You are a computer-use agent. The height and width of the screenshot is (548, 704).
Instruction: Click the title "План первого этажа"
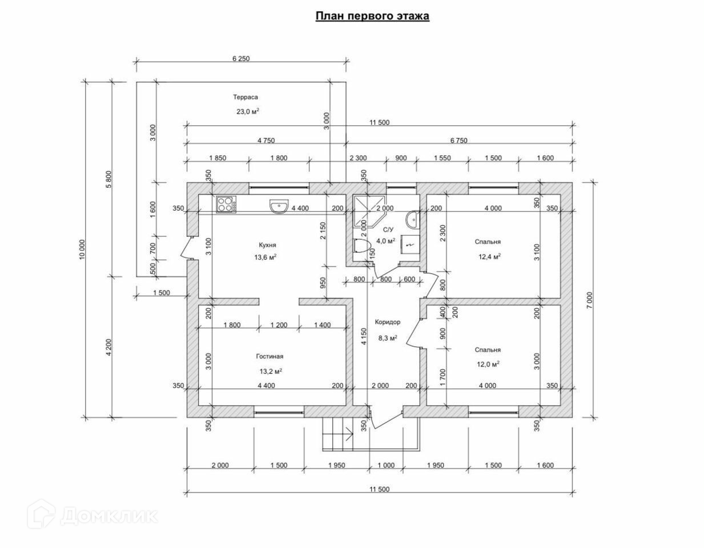pyautogui.click(x=372, y=16)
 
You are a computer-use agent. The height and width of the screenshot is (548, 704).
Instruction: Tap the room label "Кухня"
pyautogui.click(x=267, y=245)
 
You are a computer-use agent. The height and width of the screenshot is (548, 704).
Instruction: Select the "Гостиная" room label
pyautogui.click(x=269, y=356)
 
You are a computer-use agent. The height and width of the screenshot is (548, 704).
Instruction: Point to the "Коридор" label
pyautogui.click(x=387, y=322)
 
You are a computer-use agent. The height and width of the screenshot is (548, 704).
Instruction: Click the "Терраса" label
pyautogui.click(x=246, y=97)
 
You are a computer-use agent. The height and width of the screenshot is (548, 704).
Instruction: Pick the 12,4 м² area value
pyautogui.click(x=489, y=256)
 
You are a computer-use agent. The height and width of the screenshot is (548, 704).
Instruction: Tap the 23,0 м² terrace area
pyautogui.click(x=248, y=111)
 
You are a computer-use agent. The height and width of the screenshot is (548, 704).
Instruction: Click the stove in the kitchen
pyautogui.click(x=226, y=204)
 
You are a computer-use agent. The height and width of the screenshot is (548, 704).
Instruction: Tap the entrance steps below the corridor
pyautogui.click(x=336, y=434)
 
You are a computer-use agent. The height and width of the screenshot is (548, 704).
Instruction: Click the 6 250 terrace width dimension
pyautogui.click(x=242, y=59)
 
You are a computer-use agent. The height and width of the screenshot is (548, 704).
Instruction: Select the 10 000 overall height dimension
pyautogui.click(x=83, y=249)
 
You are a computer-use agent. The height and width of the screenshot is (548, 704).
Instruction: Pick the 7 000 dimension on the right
pyautogui.click(x=590, y=299)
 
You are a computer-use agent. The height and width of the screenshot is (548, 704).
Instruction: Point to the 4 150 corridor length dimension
pyautogui.click(x=363, y=337)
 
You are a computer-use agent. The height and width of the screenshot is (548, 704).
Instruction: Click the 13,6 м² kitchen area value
pyautogui.click(x=265, y=257)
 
